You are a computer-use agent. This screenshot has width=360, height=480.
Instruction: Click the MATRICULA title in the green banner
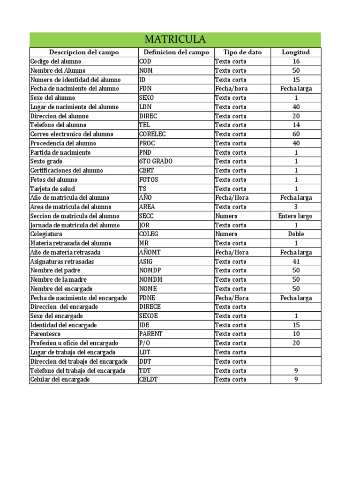(175, 39)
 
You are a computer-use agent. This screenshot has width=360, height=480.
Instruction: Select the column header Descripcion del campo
(84, 52)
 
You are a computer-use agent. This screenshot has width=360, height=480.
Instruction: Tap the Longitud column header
(295, 52)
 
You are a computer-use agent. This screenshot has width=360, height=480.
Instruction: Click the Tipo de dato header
(242, 52)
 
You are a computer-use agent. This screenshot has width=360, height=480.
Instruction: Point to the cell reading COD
(145, 61)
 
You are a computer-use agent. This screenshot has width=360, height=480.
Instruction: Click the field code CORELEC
(152, 134)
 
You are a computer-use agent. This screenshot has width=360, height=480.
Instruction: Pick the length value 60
(296, 134)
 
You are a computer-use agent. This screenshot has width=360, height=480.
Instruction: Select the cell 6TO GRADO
(156, 161)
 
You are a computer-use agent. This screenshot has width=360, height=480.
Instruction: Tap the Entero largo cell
(295, 216)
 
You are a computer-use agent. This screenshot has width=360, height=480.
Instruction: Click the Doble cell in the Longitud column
(296, 234)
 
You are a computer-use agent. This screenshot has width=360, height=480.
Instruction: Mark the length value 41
(296, 262)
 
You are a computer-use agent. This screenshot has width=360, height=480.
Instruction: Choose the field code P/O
(145, 343)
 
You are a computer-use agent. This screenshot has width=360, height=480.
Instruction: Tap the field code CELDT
(148, 380)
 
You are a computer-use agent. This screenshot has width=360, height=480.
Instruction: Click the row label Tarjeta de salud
(52, 188)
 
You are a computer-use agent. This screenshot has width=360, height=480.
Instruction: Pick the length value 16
(296, 61)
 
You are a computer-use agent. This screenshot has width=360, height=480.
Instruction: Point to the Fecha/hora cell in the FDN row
(231, 89)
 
